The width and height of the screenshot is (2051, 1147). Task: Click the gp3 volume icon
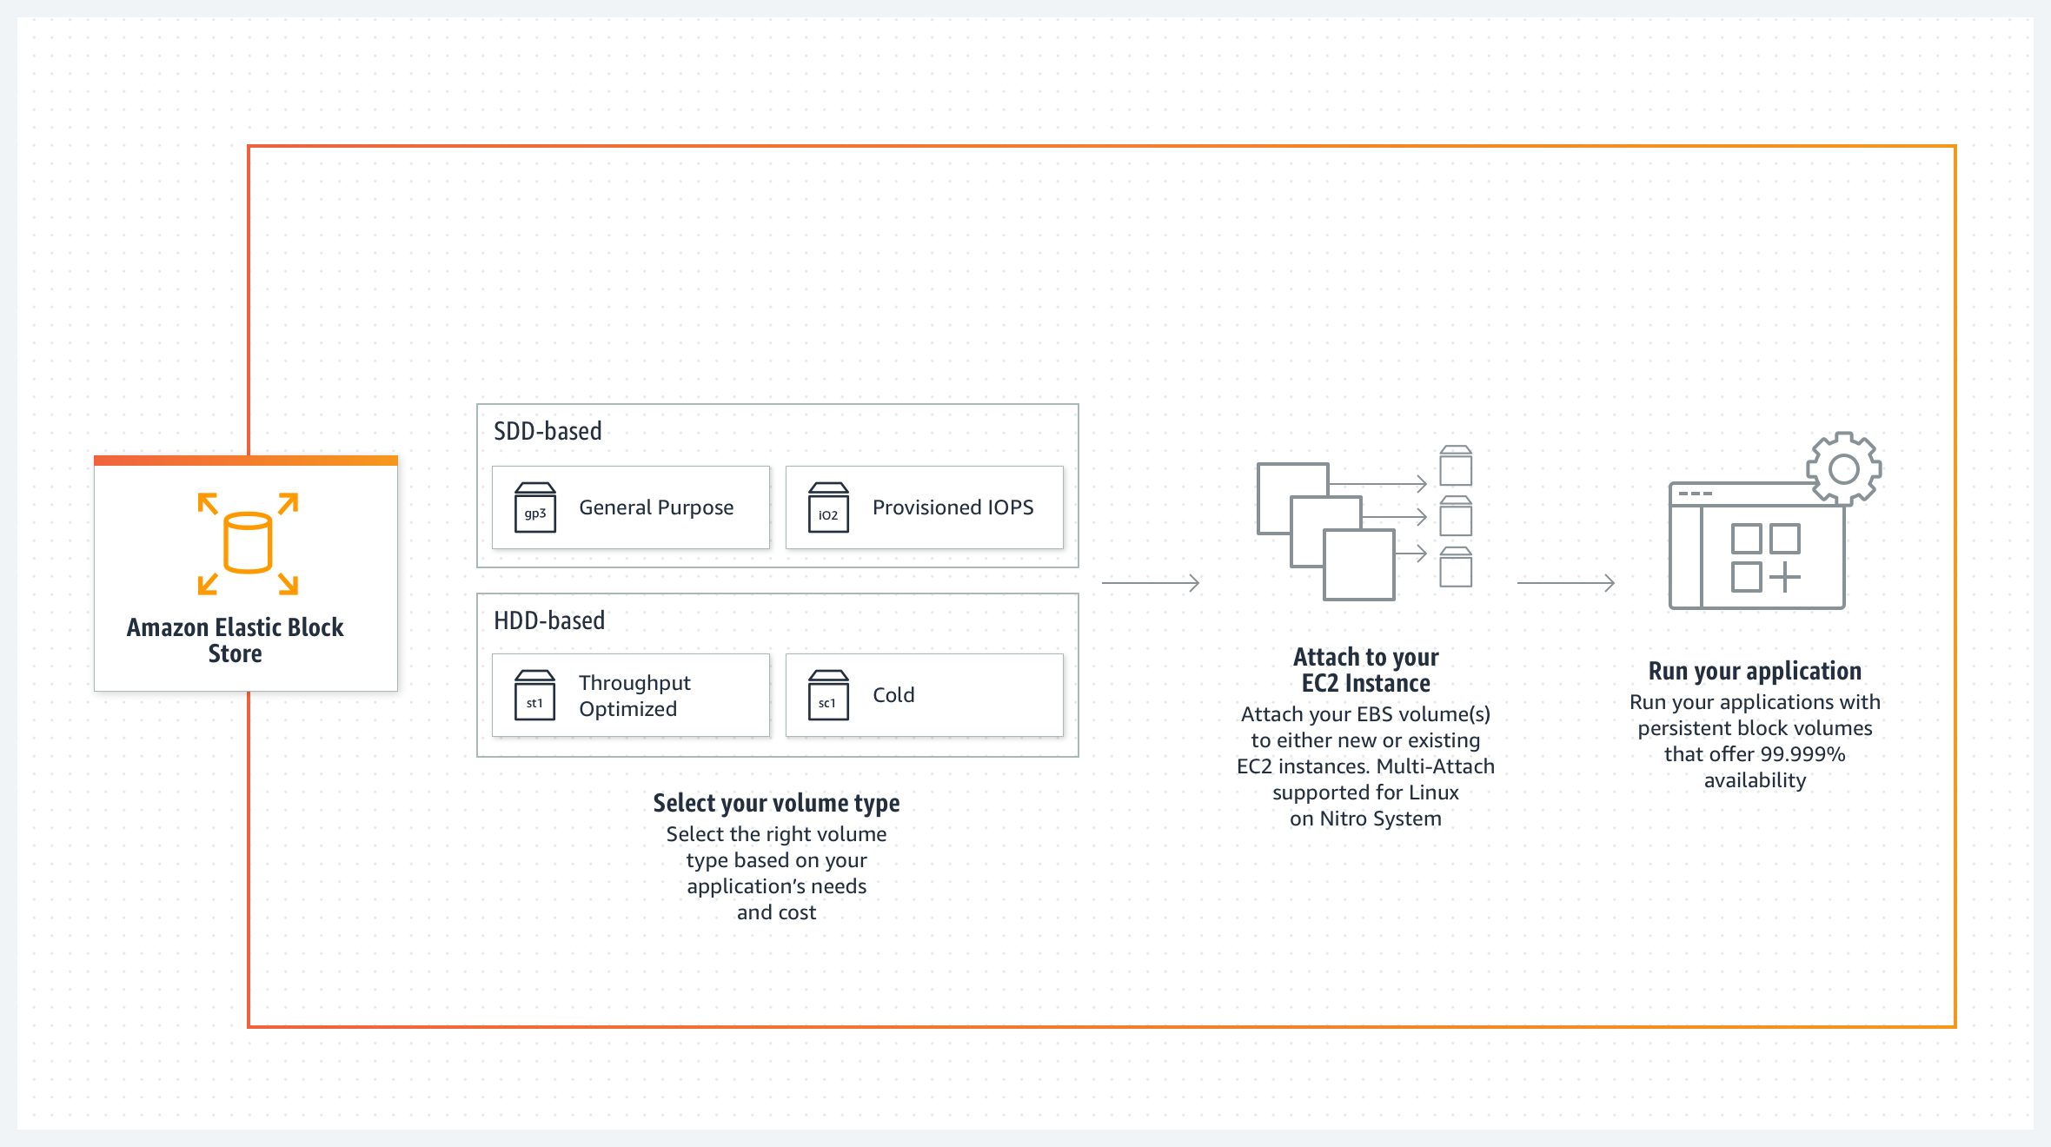point(535,507)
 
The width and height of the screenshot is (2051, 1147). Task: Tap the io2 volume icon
point(828,507)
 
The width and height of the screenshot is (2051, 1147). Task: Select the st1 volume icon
point(535,695)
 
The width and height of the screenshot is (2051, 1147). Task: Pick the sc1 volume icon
point(828,695)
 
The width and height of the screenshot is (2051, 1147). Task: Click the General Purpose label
point(656,507)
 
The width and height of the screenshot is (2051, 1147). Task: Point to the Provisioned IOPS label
point(952,507)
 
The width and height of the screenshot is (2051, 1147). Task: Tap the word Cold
point(893,695)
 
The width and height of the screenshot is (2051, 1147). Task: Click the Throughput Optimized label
point(634,695)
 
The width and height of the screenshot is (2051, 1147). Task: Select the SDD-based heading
point(548,431)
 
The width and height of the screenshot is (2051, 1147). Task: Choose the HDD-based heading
point(549,620)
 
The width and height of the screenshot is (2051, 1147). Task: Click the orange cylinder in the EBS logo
point(248,543)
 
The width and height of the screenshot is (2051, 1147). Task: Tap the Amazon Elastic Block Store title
point(235,640)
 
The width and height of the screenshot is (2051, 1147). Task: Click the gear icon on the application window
point(1843,469)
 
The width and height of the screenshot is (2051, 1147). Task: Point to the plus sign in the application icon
point(1784,577)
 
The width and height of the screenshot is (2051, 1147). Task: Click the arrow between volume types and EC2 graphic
point(1151,583)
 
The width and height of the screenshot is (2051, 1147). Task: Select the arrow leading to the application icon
point(1566,583)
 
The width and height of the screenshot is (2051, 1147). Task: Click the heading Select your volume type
point(776,803)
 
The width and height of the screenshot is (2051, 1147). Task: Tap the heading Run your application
point(1755,671)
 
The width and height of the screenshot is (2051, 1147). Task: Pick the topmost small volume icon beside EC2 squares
point(1456,466)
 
